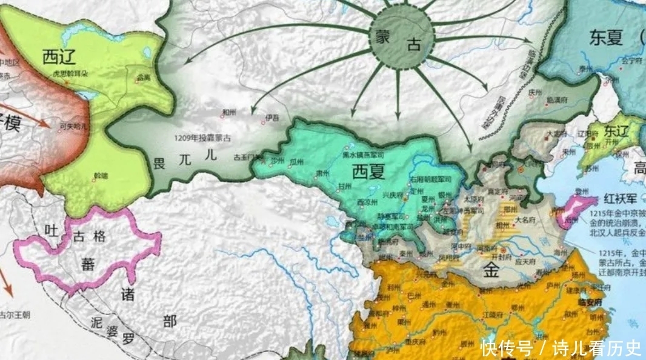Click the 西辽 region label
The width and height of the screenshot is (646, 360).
point(59,58)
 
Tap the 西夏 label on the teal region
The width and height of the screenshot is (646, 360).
point(368,171)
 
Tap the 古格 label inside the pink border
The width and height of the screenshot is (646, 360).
point(89,236)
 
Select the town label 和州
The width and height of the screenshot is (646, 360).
point(228,112)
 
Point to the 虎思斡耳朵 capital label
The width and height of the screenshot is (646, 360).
point(72,73)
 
